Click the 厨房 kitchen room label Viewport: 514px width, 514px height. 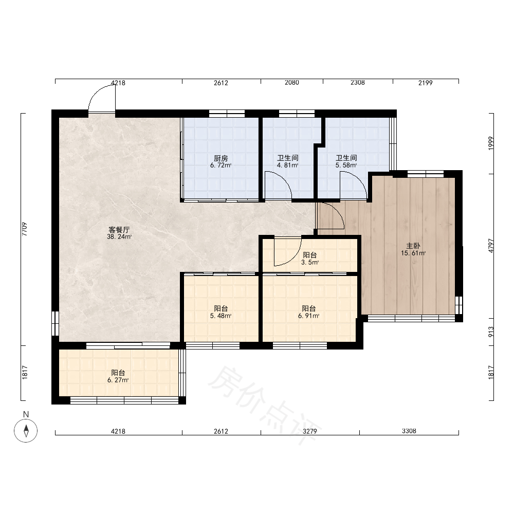tap(221, 158)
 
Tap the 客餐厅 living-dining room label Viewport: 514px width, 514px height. tap(119, 229)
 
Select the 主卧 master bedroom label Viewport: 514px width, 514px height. tap(413, 246)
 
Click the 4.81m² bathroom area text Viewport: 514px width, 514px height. tap(287, 165)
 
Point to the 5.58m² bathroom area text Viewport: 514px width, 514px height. tap(346, 165)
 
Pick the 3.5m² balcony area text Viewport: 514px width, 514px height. tap(310, 262)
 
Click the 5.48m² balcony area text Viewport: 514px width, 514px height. tap(221, 316)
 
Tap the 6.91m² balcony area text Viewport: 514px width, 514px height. tap(309, 316)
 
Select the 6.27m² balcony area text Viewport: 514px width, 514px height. tap(118, 380)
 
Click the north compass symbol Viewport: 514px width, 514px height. tap(26, 430)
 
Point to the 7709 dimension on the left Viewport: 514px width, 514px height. tap(25, 229)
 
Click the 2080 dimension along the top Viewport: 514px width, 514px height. tap(292, 83)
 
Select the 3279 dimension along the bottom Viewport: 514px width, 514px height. tap(310, 431)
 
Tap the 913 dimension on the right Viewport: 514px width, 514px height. tap(491, 332)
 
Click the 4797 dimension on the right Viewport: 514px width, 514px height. tap(491, 246)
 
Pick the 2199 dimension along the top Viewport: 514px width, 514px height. tap(426, 83)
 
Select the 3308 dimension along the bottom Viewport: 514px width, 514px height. tap(409, 431)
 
